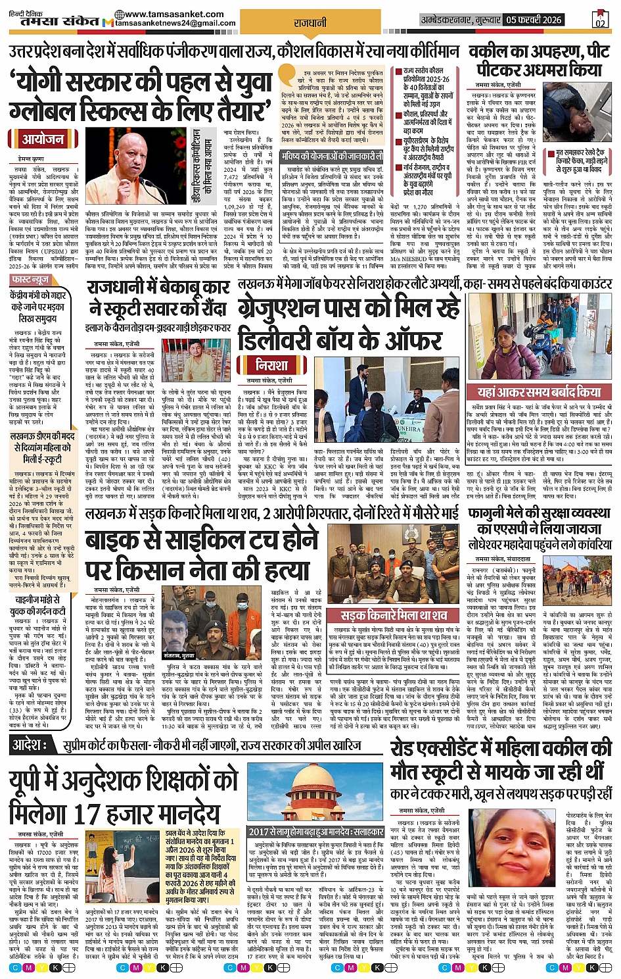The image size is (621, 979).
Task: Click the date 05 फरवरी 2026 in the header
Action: coord(534,20)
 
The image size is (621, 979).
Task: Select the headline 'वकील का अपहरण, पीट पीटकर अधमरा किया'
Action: coord(536,61)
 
